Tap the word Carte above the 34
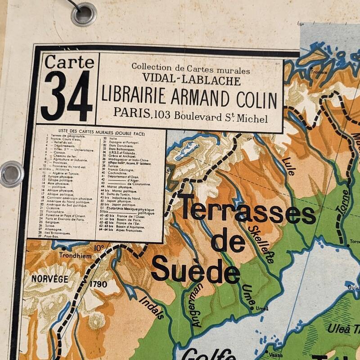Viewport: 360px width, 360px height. coord(69,61)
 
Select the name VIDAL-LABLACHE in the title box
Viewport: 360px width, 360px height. coord(191,81)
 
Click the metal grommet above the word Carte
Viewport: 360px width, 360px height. coord(84,13)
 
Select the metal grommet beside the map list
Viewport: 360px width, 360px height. coord(11,174)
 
